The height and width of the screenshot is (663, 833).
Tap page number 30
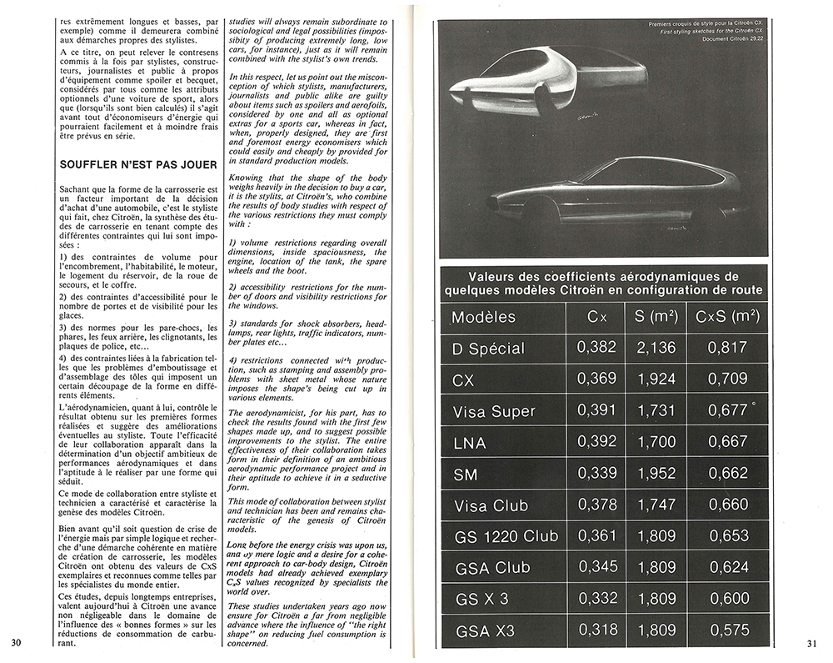tap(16, 642)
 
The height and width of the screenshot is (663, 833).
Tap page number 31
tap(813, 642)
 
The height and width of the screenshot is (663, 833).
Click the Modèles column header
tap(483, 317)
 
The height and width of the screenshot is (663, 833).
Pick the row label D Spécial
tap(488, 348)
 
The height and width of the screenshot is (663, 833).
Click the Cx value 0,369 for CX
tap(597, 379)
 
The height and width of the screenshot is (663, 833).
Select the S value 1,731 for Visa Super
tap(656, 411)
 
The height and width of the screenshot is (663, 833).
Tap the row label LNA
tap(471, 442)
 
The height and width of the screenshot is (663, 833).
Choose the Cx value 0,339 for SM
tap(597, 474)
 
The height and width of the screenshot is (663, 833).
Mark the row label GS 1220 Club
tap(506, 536)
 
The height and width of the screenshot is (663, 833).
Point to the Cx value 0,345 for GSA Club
tap(597, 567)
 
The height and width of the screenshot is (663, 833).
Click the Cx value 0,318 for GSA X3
tap(597, 630)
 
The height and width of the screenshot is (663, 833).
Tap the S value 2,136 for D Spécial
tap(656, 348)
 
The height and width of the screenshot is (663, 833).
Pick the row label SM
tap(466, 474)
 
